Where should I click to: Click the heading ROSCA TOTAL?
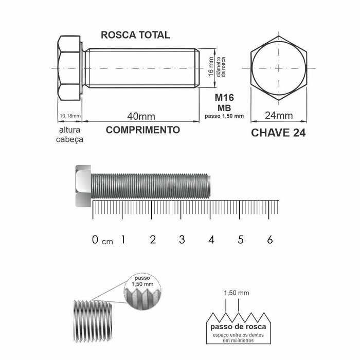pyautogui.click(x=135, y=35)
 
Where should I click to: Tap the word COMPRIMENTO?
pyautogui.click(x=143, y=130)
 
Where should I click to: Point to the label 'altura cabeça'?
pyautogui.click(x=69, y=134)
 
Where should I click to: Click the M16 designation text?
pyautogui.click(x=223, y=98)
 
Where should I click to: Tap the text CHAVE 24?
pyautogui.click(x=278, y=133)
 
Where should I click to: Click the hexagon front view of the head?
pyautogui.click(x=278, y=68)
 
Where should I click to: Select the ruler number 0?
pyautogui.click(x=95, y=240)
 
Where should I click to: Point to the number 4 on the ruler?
pyautogui.click(x=211, y=240)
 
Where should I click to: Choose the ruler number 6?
pyautogui.click(x=270, y=240)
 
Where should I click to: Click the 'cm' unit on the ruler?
pyautogui.click(x=107, y=242)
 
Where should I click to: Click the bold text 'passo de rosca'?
pyautogui.click(x=238, y=328)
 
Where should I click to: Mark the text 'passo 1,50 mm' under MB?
pyautogui.click(x=224, y=115)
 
